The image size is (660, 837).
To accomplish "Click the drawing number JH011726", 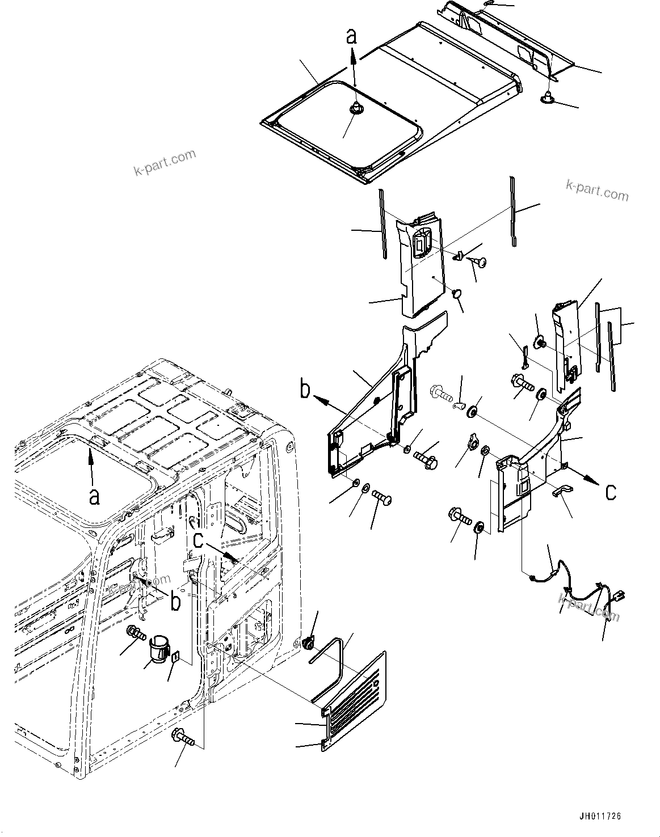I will [600, 817].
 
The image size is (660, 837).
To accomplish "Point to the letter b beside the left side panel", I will [305, 390].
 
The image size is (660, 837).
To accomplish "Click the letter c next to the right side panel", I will [611, 492].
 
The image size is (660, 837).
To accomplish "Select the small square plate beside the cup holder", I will [176, 657].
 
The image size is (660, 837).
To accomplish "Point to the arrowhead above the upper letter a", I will [352, 53].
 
